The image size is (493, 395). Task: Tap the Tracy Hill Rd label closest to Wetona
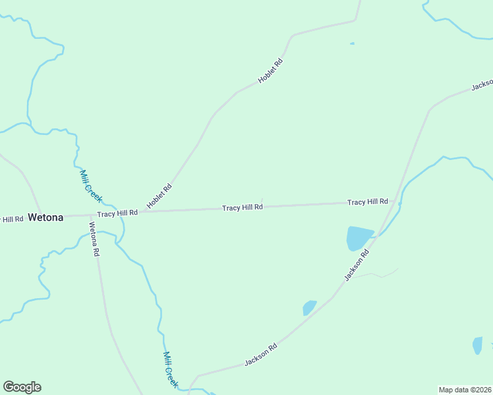click(x=117, y=213)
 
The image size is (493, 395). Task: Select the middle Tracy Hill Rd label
click(x=243, y=207)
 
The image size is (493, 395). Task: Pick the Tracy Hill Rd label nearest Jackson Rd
click(x=368, y=201)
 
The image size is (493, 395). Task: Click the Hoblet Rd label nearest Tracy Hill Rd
click(x=159, y=196)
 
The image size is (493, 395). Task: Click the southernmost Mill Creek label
click(x=171, y=369)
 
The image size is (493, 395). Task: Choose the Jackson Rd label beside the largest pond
click(x=357, y=265)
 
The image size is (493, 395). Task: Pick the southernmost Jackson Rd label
click(x=260, y=354)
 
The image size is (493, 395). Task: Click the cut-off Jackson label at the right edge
click(x=482, y=85)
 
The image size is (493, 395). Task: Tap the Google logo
click(x=22, y=387)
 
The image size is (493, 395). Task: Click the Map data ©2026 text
click(x=465, y=390)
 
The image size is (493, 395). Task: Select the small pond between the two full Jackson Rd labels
click(x=309, y=307)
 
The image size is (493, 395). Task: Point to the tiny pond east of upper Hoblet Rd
click(x=352, y=43)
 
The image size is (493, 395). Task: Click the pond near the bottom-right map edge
click(x=477, y=345)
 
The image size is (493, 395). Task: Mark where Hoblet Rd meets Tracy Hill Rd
click(x=142, y=212)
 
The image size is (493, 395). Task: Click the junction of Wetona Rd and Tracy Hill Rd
click(x=90, y=215)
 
